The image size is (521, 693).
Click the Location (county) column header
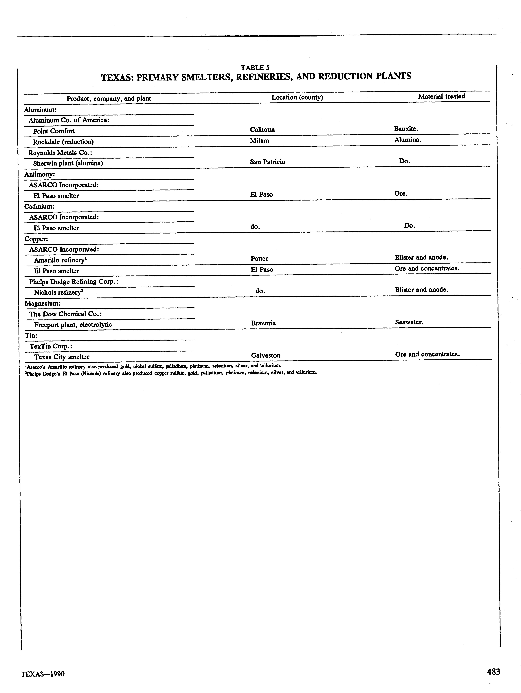(x=297, y=97)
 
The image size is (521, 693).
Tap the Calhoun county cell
(x=262, y=129)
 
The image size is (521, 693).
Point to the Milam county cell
(x=259, y=141)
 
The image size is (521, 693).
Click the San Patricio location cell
(x=268, y=162)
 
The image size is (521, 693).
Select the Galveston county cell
(x=266, y=355)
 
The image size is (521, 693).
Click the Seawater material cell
(x=409, y=322)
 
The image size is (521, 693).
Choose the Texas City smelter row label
(x=62, y=357)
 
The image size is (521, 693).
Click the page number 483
(x=493, y=672)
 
